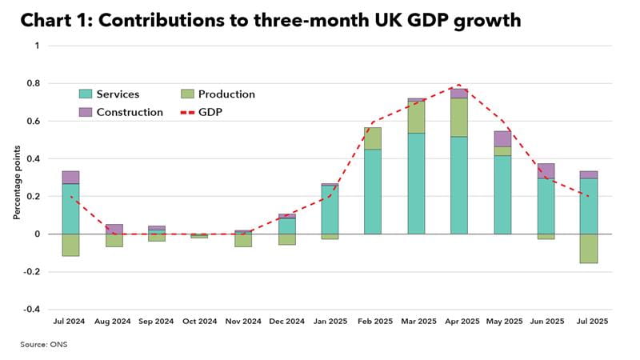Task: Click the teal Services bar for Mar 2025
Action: (x=416, y=183)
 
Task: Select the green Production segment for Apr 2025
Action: (x=459, y=118)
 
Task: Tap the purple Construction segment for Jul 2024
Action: (x=71, y=178)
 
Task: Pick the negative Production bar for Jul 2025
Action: (x=589, y=248)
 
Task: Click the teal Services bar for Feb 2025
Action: (x=373, y=191)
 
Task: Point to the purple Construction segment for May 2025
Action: (x=502, y=138)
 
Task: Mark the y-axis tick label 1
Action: (x=36, y=46)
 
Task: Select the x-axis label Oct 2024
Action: (x=200, y=322)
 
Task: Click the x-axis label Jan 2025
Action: (x=330, y=322)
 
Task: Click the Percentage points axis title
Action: (x=15, y=178)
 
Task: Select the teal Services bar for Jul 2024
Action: (x=71, y=209)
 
